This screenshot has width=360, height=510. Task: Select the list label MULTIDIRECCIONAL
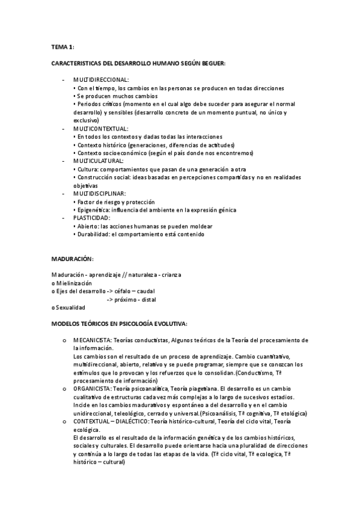(x=101, y=79)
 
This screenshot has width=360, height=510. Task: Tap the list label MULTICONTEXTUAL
(x=100, y=128)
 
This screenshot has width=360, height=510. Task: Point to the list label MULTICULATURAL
(x=99, y=161)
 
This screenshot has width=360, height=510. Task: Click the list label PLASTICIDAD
(x=91, y=218)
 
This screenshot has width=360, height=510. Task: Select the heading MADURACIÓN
(x=72, y=258)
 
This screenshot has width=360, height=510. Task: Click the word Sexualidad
(x=71, y=307)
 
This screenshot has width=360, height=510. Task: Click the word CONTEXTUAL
(x=93, y=422)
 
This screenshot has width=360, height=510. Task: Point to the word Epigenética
(x=94, y=210)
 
